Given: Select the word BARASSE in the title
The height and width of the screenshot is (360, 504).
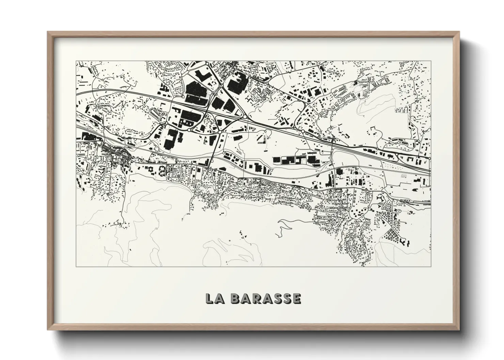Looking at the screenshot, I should click(266, 298).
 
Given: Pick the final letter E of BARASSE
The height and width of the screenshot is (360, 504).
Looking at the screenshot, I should click(297, 298).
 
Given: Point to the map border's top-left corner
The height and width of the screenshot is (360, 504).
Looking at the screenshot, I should click(76, 61).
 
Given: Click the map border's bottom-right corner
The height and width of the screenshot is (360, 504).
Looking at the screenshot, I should click(431, 266).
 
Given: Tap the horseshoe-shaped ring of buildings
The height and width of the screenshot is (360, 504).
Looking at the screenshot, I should click(162, 169).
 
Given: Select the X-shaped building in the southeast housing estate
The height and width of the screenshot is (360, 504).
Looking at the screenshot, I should click(395, 211).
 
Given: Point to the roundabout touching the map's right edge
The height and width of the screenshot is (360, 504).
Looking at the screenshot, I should click(429, 158).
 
